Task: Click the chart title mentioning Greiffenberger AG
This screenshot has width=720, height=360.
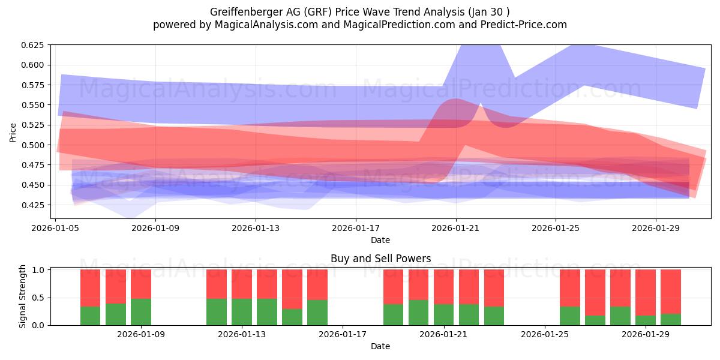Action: pyautogui.click(x=360, y=12)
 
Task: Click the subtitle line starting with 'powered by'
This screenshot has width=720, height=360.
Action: pyautogui.click(x=360, y=25)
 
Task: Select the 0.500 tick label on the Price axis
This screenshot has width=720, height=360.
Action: pyautogui.click(x=33, y=145)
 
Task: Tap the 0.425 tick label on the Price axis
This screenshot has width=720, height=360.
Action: pyautogui.click(x=33, y=205)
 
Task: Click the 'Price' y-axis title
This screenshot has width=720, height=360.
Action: pyautogui.click(x=13, y=133)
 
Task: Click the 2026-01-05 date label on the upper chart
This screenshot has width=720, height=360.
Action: pyautogui.click(x=56, y=228)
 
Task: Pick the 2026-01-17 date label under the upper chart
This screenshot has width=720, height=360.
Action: pyautogui.click(x=356, y=228)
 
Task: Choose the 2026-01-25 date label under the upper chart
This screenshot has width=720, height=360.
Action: pyautogui.click(x=556, y=228)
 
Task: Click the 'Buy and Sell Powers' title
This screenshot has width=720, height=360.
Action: pyautogui.click(x=380, y=259)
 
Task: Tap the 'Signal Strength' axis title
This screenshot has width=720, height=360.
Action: pyautogui.click(x=23, y=296)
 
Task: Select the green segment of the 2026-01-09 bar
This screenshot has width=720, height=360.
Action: pyautogui.click(x=141, y=312)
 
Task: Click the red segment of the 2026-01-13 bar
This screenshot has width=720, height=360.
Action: pyautogui.click(x=242, y=284)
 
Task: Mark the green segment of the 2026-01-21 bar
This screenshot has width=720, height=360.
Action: pyautogui.click(x=444, y=314)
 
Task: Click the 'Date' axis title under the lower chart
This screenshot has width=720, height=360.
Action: pyautogui.click(x=380, y=346)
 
